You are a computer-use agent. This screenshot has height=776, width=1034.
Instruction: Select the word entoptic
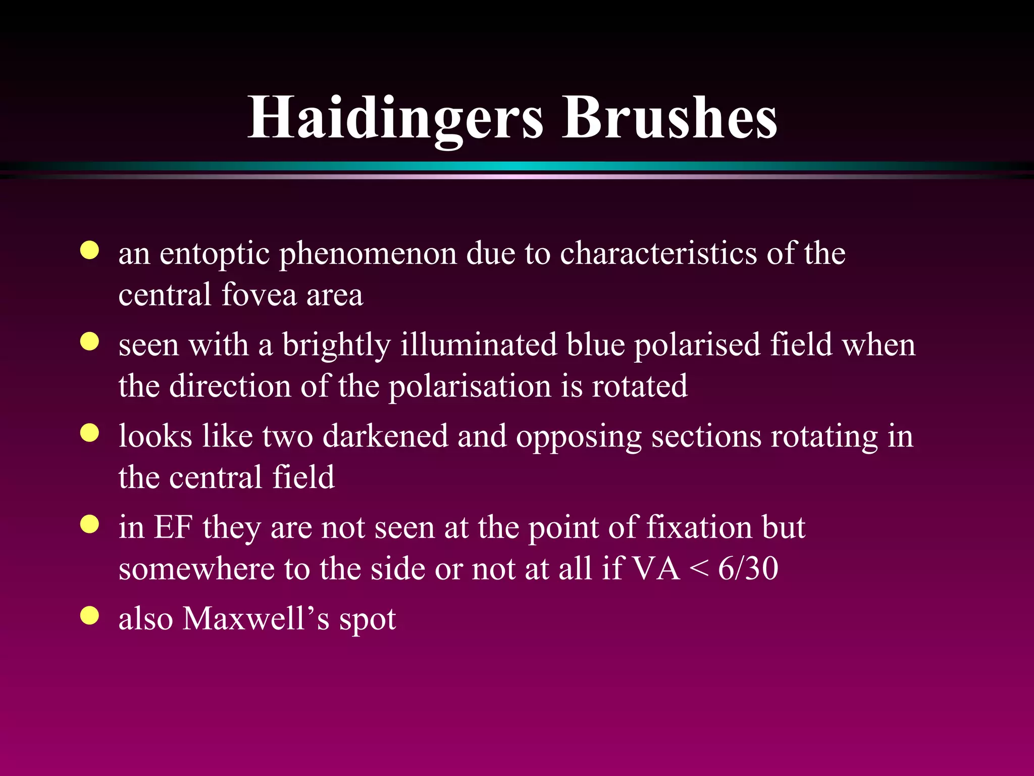(215, 254)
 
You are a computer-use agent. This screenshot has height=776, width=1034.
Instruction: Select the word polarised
(697, 346)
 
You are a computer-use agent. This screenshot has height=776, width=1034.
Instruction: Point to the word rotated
(639, 386)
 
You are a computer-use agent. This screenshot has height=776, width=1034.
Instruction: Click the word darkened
(385, 436)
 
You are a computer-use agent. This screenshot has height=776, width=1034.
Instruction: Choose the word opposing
(579, 437)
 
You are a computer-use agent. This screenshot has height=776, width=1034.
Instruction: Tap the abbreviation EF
(173, 527)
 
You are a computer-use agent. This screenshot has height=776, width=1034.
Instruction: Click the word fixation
(700, 527)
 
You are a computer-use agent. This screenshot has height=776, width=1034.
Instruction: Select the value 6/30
(748, 568)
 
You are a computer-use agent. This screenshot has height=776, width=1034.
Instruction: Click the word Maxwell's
(256, 618)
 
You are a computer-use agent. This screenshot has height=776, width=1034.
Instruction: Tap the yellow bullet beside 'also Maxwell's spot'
(90, 615)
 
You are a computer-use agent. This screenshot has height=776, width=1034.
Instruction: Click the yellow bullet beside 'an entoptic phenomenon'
(90, 251)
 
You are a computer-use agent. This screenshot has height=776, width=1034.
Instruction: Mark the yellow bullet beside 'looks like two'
(90, 433)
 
